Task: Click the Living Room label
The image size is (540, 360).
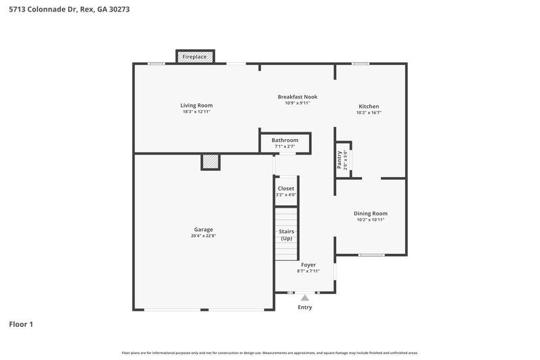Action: click(x=196, y=105)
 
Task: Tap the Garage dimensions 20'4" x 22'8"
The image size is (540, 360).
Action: click(x=203, y=236)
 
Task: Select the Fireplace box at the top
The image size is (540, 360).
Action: click(x=195, y=57)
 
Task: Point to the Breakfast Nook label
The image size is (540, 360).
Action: click(x=297, y=97)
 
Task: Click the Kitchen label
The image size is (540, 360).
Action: click(x=369, y=107)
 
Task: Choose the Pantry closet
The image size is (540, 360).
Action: click(x=343, y=160)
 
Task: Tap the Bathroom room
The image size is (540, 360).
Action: click(x=285, y=143)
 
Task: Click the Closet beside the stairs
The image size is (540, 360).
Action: click(x=286, y=191)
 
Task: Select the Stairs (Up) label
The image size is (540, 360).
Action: click(x=286, y=234)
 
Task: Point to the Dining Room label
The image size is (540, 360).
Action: click(x=371, y=213)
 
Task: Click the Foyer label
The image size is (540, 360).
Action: click(x=308, y=265)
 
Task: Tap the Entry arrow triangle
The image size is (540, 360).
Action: click(x=305, y=297)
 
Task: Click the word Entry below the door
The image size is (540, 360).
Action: click(x=305, y=307)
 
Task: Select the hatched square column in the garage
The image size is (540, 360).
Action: click(x=211, y=162)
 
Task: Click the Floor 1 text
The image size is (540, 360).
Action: click(x=21, y=324)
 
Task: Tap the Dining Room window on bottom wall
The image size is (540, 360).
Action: click(x=371, y=255)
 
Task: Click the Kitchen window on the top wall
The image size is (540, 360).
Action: click(x=360, y=64)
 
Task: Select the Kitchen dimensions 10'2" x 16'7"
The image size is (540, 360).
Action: click(x=369, y=113)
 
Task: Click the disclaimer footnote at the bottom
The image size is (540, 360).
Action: click(x=270, y=353)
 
